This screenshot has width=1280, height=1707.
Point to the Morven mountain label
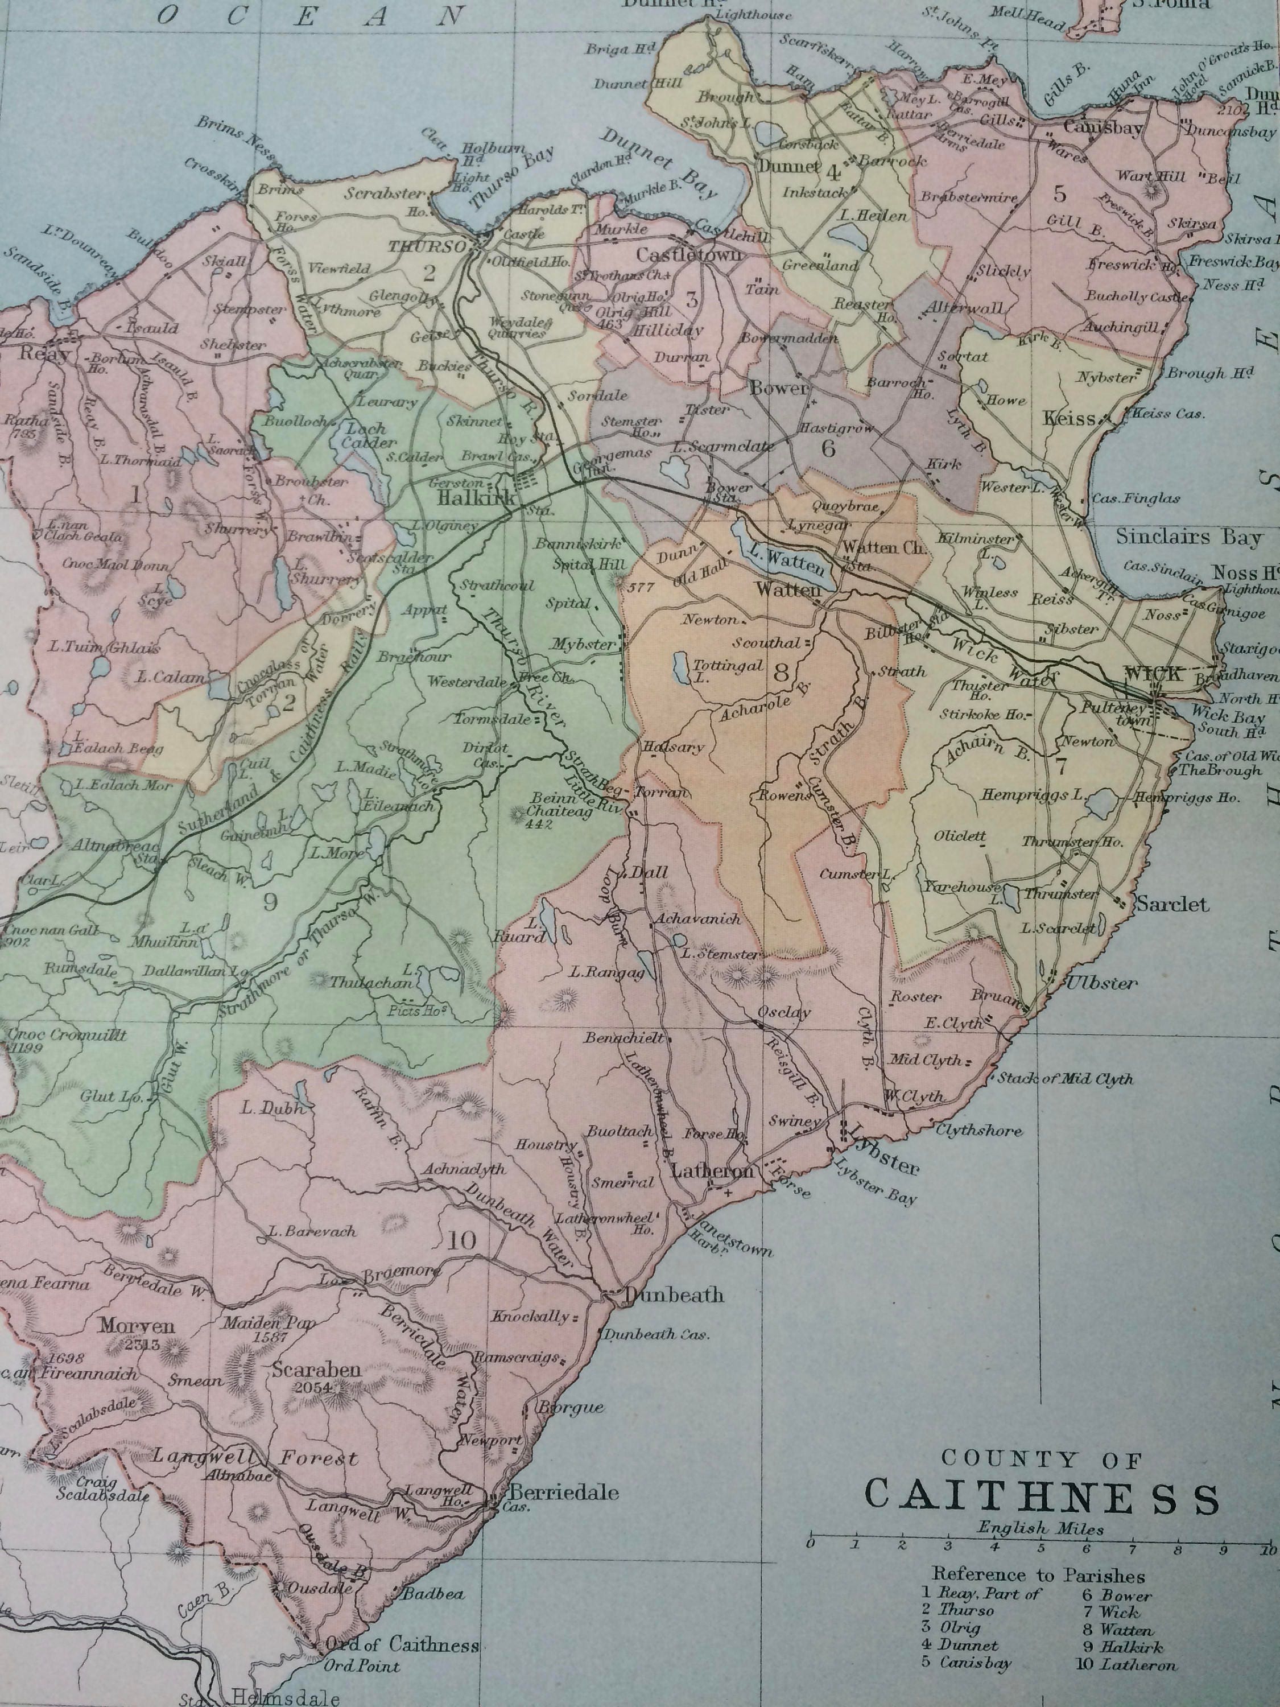pos(137,1325)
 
